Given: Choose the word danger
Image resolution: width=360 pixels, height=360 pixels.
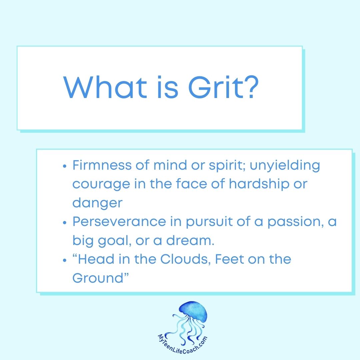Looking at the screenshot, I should pos(97,203).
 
